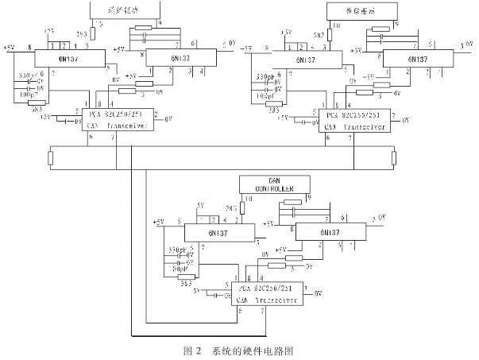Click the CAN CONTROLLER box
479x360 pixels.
[271, 184]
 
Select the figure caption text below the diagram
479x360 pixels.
[238, 350]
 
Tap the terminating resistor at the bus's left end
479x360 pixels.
[50, 157]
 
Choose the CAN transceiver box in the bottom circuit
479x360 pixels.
[266, 295]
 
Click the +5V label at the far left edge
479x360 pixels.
[10, 48]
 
